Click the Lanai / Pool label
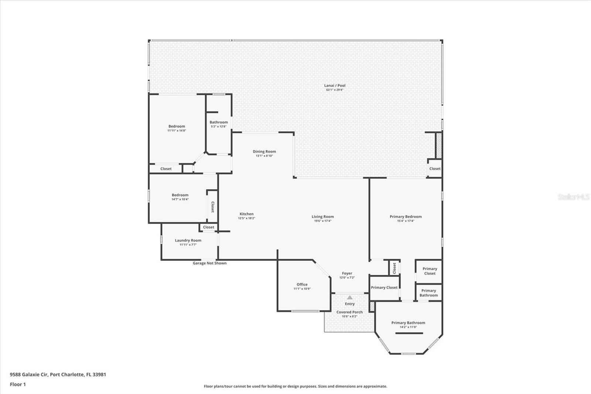click(335, 85)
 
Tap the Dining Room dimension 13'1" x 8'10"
click(264, 156)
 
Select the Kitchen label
click(246, 214)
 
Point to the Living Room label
click(322, 217)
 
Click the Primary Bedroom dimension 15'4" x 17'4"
click(406, 221)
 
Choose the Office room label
click(302, 284)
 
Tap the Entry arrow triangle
click(350, 298)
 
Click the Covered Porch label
click(349, 312)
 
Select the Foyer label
click(347, 274)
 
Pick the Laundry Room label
click(188, 240)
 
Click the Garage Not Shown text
click(209, 263)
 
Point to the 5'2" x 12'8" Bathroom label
click(219, 122)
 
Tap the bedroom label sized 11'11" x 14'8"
click(177, 126)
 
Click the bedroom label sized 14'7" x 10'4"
click(180, 195)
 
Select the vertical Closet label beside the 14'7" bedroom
click(212, 207)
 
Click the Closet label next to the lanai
click(435, 169)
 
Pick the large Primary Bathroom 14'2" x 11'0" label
click(408, 323)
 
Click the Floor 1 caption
click(18, 384)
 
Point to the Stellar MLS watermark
click(574, 197)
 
